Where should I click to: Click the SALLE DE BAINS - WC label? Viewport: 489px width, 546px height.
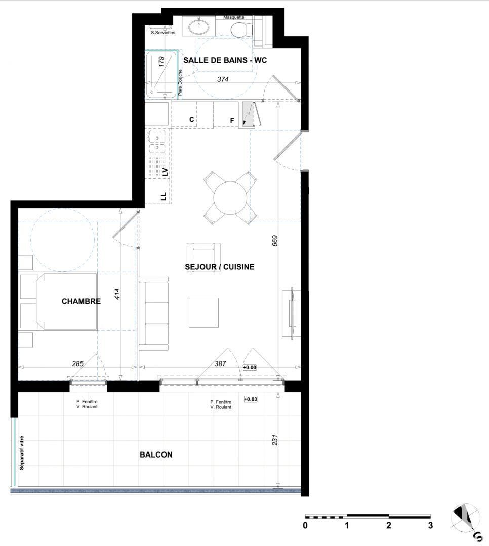[x=225, y=60]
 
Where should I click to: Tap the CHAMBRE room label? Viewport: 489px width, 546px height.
[x=81, y=301]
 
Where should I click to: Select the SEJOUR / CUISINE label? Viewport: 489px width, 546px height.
[x=220, y=267]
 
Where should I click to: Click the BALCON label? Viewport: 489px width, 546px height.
[x=156, y=454]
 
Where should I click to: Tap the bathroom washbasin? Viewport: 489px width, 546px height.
[x=199, y=26]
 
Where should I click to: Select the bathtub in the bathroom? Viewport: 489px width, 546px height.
[x=161, y=74]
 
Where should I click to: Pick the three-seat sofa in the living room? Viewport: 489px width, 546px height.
[x=153, y=313]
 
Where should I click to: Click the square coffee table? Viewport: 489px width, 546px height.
[x=204, y=312]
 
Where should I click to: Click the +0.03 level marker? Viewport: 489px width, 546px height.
[x=251, y=399]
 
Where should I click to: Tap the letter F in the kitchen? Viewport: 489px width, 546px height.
[x=232, y=120]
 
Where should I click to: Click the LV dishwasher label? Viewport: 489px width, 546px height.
[x=165, y=172]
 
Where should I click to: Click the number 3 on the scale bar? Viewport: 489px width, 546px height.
[x=430, y=525]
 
